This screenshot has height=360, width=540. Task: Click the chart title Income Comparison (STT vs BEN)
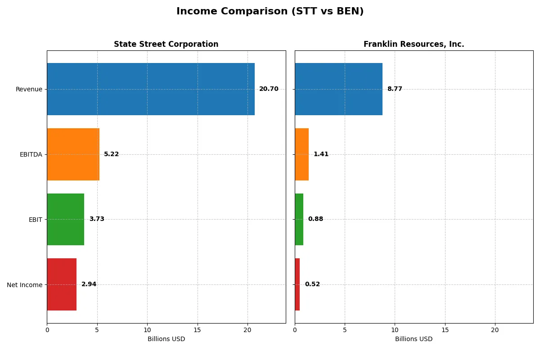270,11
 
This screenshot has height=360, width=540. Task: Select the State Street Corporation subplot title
166,44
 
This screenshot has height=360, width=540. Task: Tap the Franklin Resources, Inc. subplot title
414,44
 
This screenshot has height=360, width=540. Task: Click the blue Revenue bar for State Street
151,89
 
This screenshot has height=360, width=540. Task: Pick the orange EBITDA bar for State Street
73,154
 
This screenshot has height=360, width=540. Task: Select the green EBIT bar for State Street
65,219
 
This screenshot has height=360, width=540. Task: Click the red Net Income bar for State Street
62,284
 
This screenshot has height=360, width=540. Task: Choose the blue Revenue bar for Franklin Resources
338,89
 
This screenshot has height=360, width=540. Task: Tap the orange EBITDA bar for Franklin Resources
301,154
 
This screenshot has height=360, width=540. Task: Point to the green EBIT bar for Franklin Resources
299,219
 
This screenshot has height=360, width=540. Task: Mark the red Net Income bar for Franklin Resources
297,284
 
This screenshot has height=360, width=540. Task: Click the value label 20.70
269,89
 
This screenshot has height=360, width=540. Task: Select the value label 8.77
395,89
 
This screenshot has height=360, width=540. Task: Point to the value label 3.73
97,219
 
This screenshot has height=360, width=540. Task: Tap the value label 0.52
312,284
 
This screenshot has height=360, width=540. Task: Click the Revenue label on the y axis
29,89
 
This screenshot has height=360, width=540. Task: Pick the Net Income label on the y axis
25,284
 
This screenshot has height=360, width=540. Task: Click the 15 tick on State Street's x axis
197,330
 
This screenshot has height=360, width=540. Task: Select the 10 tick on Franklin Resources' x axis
395,330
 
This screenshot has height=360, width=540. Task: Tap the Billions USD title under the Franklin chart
414,339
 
